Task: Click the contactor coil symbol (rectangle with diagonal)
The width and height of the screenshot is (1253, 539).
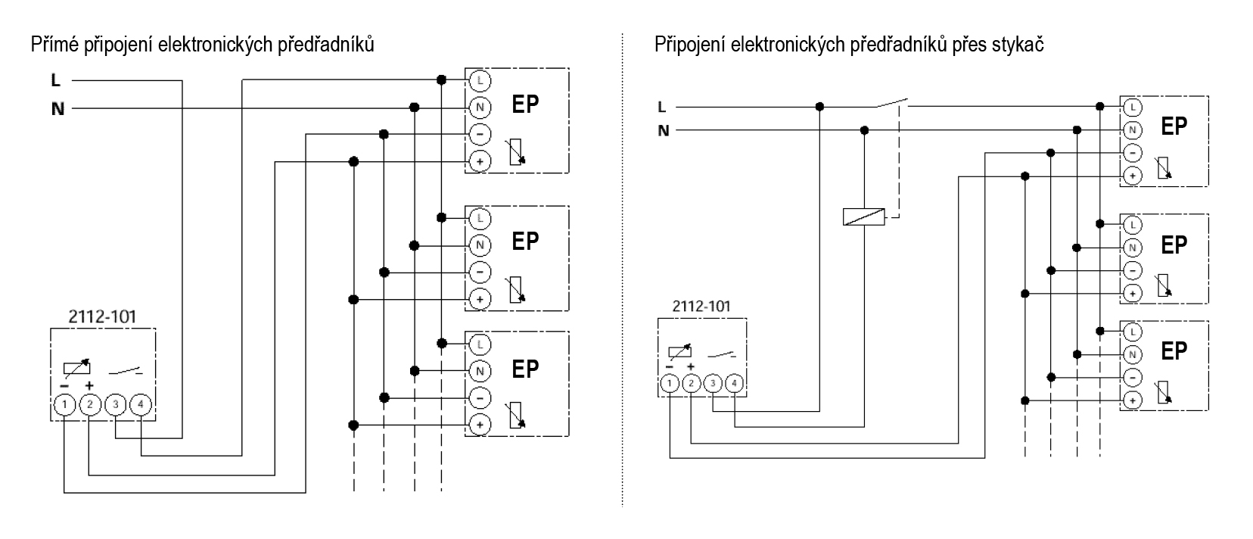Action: pos(863,217)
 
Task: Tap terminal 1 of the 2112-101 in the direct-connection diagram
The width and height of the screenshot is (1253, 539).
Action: pos(64,405)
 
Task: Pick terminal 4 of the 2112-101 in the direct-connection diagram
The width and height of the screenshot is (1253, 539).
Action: pos(141,405)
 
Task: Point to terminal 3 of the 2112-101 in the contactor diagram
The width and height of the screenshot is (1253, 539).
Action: pos(713,384)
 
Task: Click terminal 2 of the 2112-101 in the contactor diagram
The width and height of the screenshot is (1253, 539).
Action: pos(691,384)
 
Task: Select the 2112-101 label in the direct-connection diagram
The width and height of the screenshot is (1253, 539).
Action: pos(102,316)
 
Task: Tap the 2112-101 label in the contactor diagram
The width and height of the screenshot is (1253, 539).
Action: pos(701,307)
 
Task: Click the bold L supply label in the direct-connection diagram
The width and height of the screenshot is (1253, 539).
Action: pos(55,80)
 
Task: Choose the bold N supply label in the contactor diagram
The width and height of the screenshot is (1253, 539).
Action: pos(664,130)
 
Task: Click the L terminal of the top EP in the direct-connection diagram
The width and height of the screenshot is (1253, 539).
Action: pos(480,79)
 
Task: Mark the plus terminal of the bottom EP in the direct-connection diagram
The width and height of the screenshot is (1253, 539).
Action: pos(480,425)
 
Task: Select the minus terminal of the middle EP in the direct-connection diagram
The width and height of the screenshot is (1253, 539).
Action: pos(480,272)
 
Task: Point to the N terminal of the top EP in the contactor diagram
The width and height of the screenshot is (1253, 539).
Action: pos(1132,129)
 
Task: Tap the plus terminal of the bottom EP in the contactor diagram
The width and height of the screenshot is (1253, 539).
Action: pos(1132,400)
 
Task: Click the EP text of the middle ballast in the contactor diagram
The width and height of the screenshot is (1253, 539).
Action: pos(1174,245)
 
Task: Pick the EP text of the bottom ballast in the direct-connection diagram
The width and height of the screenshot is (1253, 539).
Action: pos(525,369)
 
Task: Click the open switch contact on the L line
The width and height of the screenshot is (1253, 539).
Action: pos(892,103)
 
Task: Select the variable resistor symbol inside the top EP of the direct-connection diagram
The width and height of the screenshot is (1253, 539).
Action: pos(515,150)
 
